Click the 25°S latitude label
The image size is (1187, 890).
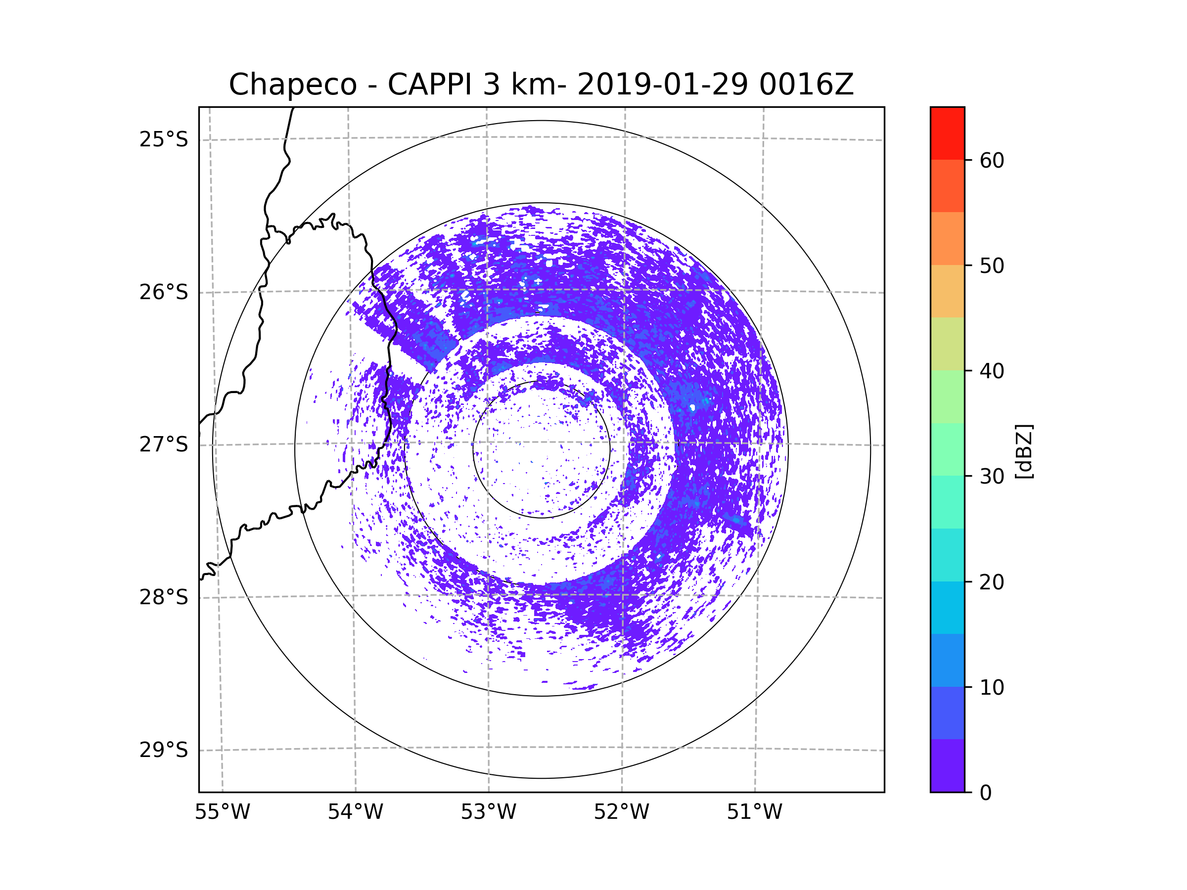(164, 139)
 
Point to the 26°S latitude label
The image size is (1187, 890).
(164, 292)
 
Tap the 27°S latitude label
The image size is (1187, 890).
(164, 445)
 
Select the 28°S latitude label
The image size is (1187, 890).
(164, 597)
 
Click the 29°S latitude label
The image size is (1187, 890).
(164, 750)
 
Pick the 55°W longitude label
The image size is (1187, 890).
(222, 812)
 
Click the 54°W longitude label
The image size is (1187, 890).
(355, 812)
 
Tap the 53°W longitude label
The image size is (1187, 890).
(488, 812)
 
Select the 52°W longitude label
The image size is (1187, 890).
(621, 812)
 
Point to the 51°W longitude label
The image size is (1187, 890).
(754, 812)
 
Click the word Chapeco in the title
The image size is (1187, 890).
(292, 85)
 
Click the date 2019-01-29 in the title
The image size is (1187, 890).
(662, 85)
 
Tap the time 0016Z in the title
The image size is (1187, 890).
(806, 85)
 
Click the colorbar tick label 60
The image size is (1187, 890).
(992, 160)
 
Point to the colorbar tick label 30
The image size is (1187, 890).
(992, 476)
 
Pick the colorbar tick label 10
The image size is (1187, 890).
(992, 687)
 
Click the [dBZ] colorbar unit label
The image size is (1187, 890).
(1024, 451)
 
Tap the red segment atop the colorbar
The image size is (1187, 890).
(947, 133)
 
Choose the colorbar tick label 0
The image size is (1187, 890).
(986, 793)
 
